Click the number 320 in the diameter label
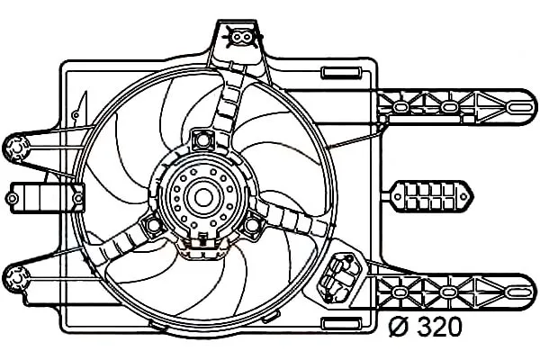[x=438, y=328]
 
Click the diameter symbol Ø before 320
[x=398, y=328]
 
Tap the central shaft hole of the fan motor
[x=202, y=198]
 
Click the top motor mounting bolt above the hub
[x=202, y=139]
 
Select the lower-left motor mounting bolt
[x=154, y=225]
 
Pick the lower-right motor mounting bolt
[x=252, y=225]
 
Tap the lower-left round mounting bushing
[x=16, y=278]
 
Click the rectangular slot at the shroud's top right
[x=341, y=73]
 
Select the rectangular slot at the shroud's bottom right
[x=341, y=323]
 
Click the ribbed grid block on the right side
[x=433, y=196]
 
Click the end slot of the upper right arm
[x=519, y=107]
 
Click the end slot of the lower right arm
[x=519, y=292]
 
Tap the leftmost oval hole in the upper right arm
[x=400, y=107]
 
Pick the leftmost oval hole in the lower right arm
[x=399, y=292]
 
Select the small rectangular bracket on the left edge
[x=46, y=198]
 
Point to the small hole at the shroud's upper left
[x=76, y=114]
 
